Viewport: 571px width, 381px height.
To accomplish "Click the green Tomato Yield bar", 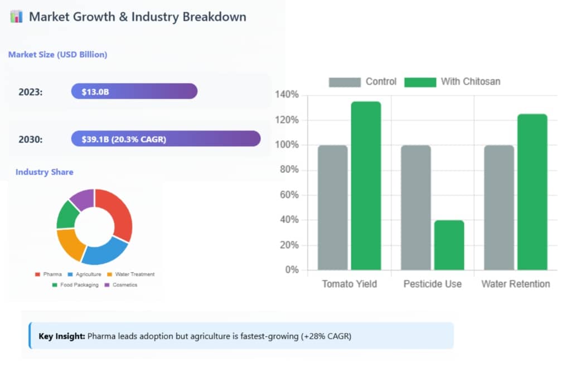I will point(366,186).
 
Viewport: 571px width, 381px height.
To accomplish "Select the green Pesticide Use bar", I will point(449,245).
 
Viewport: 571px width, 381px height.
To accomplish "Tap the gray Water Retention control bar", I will point(499,208).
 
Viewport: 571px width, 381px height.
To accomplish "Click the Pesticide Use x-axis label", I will point(432,284).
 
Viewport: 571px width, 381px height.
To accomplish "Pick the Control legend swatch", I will point(344,82).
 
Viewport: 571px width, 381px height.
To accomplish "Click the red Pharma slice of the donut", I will point(118,212).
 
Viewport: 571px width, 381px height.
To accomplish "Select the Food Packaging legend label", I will point(79,285).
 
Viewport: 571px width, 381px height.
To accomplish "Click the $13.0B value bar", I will point(134,91).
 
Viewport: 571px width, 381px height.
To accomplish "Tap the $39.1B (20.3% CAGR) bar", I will point(166,139).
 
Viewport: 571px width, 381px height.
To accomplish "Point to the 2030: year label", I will point(31,139).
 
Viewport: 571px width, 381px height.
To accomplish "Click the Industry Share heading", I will point(44,172).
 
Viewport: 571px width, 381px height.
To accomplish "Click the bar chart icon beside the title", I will point(16,16).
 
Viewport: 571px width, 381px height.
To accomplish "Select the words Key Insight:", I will point(61,336).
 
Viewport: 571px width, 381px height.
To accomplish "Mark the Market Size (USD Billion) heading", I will point(57,55).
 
